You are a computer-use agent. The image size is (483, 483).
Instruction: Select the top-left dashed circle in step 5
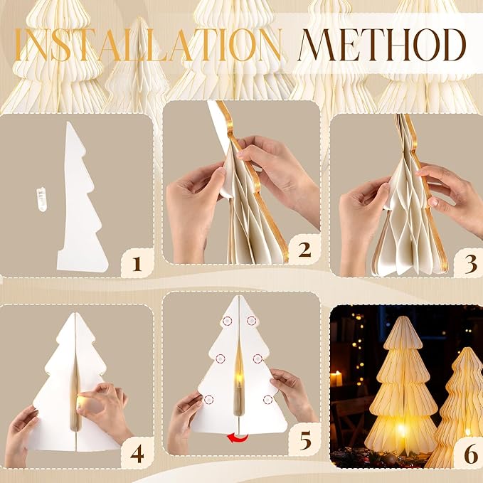[x=227, y=320]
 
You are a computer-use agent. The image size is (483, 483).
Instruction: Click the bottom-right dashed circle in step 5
[x=269, y=399]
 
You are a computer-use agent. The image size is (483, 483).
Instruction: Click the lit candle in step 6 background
[x=337, y=378]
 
